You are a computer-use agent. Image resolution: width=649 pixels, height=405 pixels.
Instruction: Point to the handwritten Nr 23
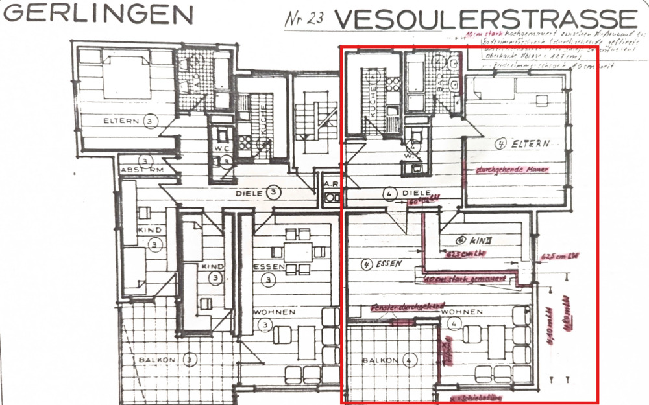tap(306, 19)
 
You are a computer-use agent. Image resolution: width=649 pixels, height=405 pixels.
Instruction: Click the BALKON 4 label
tap(388, 360)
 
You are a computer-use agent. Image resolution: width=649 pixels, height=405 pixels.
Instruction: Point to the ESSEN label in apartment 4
tap(384, 264)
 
